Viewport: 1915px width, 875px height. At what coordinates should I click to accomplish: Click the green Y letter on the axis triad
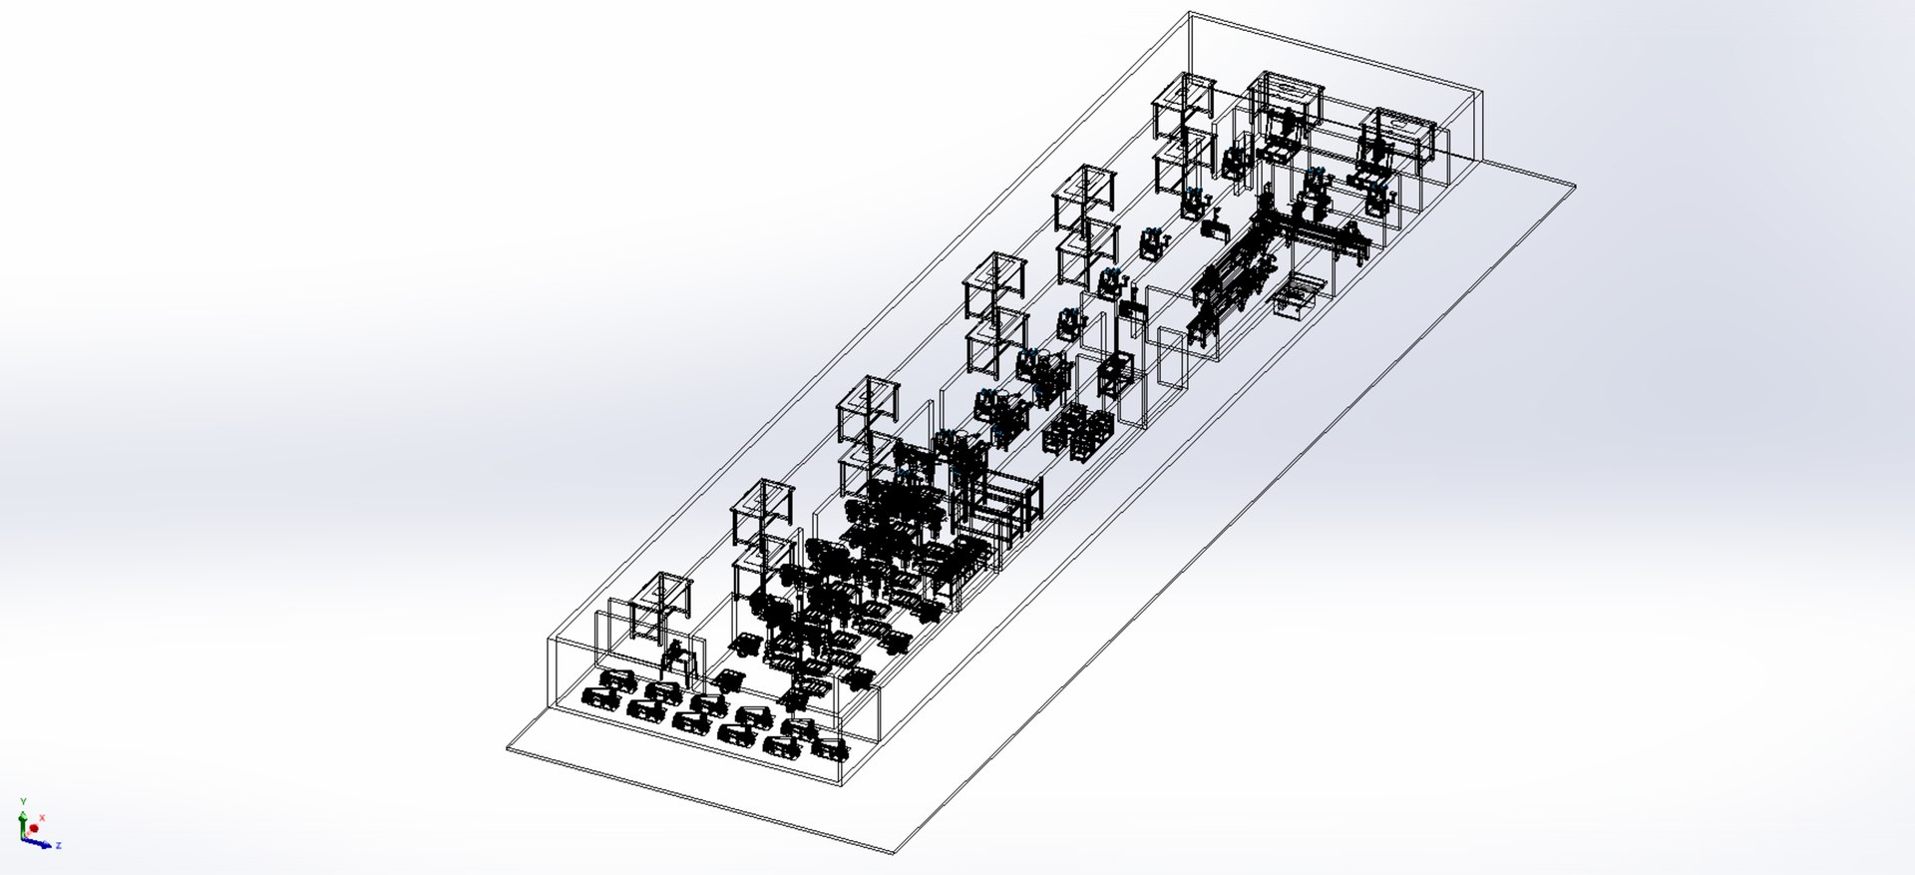(x=23, y=801)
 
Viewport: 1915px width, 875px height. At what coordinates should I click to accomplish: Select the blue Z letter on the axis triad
(x=59, y=845)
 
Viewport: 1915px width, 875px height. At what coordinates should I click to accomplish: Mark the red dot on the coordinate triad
(x=34, y=828)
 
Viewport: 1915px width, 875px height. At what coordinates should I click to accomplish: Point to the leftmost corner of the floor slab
(x=508, y=748)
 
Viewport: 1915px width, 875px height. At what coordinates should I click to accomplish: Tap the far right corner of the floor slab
(x=1575, y=186)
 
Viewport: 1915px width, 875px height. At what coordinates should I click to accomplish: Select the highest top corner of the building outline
(x=1190, y=12)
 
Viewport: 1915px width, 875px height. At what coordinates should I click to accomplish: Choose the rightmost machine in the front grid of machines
(x=830, y=746)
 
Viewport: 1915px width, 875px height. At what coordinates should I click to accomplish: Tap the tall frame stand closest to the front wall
(x=659, y=604)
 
